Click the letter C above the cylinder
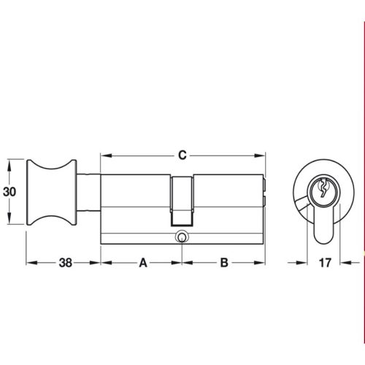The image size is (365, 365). [183, 155]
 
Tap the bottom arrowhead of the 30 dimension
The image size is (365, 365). [9, 224]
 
